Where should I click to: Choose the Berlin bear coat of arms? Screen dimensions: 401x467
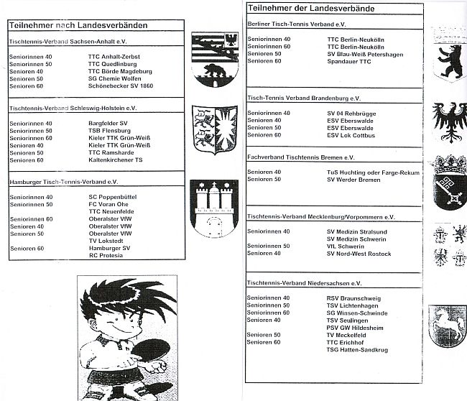tap(449, 60)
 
